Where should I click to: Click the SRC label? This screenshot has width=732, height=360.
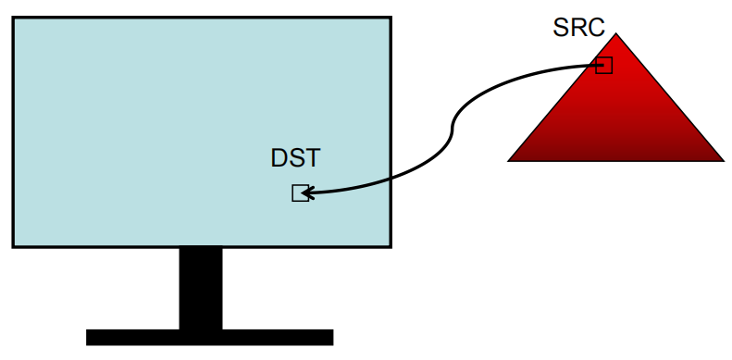(x=578, y=28)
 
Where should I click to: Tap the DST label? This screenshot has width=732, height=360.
(x=295, y=158)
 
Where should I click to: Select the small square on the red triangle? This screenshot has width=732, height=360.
(x=604, y=66)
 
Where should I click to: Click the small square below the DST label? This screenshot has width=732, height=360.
(x=300, y=193)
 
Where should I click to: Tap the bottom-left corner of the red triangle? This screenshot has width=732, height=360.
(x=509, y=161)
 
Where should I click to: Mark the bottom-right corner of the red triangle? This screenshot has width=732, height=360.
(x=723, y=161)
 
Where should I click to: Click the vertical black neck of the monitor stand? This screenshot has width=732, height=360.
(x=201, y=288)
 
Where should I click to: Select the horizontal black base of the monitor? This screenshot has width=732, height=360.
(x=209, y=337)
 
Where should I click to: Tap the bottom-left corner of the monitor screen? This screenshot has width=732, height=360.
(x=13, y=246)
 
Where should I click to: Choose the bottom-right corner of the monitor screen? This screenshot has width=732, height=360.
(x=390, y=246)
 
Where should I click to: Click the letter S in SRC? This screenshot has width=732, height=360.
(x=562, y=28)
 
